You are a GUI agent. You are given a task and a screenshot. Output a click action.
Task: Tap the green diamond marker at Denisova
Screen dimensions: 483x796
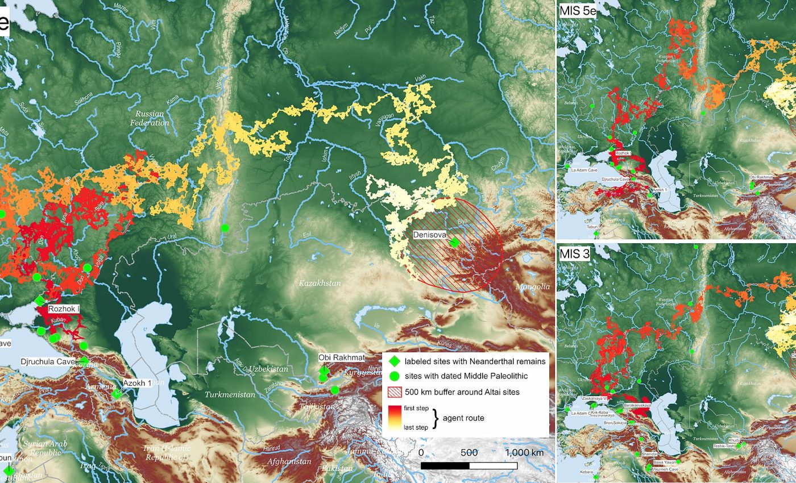[x=454, y=243]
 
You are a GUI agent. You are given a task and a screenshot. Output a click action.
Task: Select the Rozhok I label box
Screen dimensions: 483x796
[x=64, y=309]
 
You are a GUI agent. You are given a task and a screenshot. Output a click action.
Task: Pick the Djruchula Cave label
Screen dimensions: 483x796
[x=48, y=361]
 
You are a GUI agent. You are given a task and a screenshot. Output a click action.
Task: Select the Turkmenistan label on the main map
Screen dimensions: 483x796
[x=229, y=394]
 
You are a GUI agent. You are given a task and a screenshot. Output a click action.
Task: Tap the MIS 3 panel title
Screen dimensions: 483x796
[x=574, y=254]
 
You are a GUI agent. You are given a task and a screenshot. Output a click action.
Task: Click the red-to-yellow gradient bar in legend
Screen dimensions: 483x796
[x=395, y=418]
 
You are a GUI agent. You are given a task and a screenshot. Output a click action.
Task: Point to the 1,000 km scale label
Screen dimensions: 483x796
[x=524, y=453]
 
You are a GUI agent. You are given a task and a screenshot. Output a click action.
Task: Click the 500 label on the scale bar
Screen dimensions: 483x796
[x=469, y=453]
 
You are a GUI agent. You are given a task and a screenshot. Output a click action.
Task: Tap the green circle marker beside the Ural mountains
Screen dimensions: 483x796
[x=225, y=228]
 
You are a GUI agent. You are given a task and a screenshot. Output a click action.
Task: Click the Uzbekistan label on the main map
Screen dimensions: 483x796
[x=270, y=369]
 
